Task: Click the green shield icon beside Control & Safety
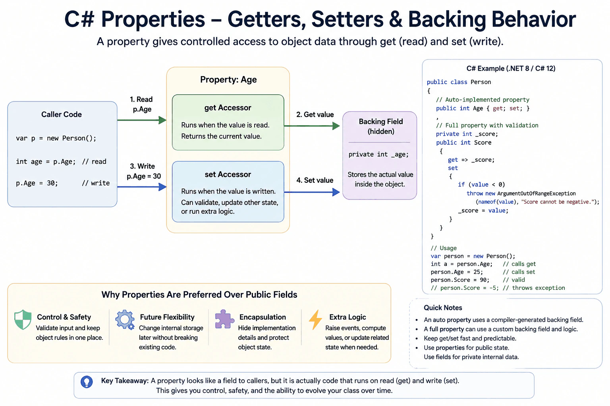[23, 320]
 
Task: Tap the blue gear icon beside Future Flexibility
[125, 320]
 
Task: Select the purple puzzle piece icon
[224, 319]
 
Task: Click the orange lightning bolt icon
[316, 320]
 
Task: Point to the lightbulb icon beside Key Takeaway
[87, 382]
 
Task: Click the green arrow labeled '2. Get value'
[312, 126]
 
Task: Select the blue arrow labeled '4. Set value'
[312, 192]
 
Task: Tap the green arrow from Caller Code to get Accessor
[142, 120]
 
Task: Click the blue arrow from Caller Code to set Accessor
[142, 187]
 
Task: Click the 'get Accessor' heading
[228, 108]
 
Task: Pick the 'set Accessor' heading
[228, 174]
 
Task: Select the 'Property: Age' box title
[228, 79]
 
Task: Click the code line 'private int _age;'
[378, 155]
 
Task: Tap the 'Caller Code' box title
[62, 114]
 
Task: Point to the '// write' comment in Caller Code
[96, 183]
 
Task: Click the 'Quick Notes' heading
[443, 308]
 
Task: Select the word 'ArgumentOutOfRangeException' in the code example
[536, 193]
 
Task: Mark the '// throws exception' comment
[534, 288]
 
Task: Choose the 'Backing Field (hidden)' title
[381, 126]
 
